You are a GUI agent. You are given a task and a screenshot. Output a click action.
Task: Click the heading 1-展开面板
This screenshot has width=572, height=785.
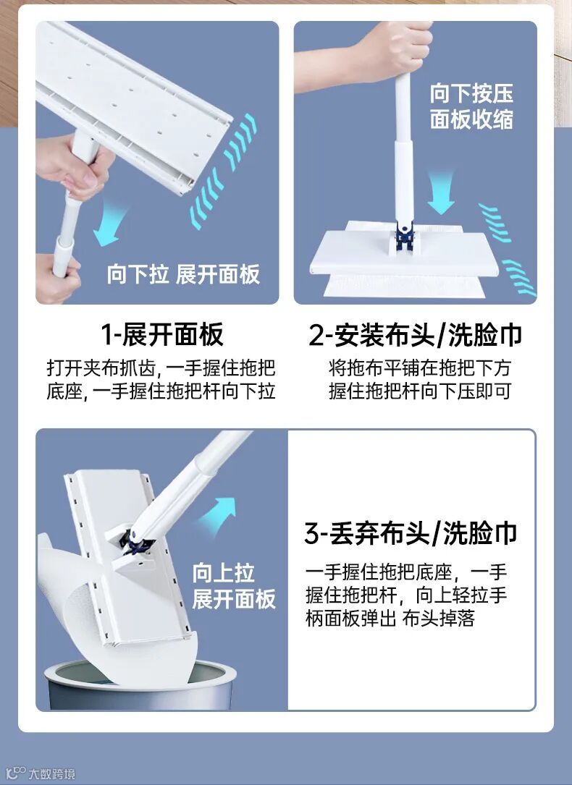click(x=161, y=334)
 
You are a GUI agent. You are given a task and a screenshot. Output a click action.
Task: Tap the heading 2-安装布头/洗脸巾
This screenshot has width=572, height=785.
click(x=415, y=335)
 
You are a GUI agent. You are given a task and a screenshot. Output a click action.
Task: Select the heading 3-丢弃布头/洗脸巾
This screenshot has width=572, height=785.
click(x=411, y=532)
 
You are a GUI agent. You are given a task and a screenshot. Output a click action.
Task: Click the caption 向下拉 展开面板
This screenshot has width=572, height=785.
click(x=183, y=274)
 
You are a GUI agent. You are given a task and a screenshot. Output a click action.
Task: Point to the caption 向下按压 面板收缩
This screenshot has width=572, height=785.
click(x=471, y=106)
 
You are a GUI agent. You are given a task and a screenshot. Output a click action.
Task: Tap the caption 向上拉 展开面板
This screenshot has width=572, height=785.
click(x=234, y=586)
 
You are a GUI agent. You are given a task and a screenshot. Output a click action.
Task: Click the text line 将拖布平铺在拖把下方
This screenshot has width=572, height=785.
click(x=419, y=368)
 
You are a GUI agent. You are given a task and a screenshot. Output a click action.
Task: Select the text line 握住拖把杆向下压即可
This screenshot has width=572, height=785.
click(x=419, y=391)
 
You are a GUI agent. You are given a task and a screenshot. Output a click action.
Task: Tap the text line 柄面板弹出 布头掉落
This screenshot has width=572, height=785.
click(x=390, y=619)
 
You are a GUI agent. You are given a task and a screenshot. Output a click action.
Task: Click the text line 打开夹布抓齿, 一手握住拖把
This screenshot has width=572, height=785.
click(x=161, y=368)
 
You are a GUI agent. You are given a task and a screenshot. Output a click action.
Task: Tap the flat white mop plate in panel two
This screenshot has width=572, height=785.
click(x=405, y=253)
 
